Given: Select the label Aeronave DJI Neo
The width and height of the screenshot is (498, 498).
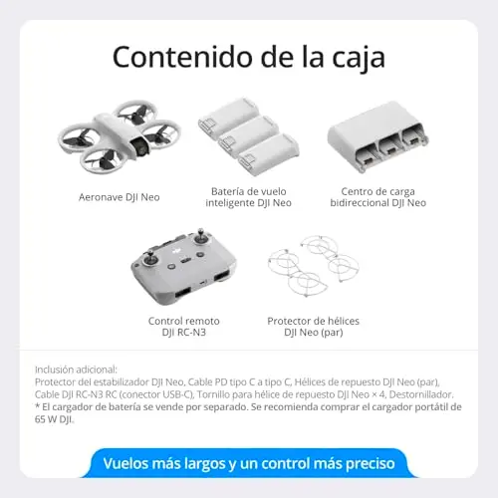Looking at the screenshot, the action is [x=120, y=197].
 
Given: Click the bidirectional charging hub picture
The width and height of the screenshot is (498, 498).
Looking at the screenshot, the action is [x=377, y=136].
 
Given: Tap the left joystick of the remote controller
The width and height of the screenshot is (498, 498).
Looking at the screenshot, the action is [x=150, y=260].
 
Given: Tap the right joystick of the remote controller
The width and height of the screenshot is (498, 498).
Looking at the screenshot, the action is [x=201, y=237].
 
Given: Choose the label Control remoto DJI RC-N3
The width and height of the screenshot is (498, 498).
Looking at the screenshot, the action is [x=184, y=327].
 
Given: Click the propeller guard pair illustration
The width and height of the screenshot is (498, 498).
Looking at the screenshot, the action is [x=313, y=266].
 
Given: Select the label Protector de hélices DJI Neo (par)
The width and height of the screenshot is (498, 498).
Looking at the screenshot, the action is [x=313, y=327].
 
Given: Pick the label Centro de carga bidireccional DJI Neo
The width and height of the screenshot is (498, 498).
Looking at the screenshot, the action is [x=377, y=197].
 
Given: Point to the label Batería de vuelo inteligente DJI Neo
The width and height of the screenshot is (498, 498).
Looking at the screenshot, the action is [x=248, y=197].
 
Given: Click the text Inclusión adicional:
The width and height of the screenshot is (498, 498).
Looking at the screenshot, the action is [x=76, y=370].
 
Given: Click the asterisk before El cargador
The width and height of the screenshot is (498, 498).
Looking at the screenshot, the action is [x=37, y=405].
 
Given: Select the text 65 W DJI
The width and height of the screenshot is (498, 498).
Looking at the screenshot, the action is [x=54, y=419].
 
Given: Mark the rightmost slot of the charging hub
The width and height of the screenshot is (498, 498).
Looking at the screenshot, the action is [x=413, y=138].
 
